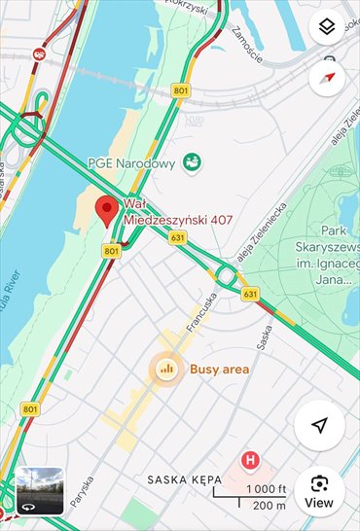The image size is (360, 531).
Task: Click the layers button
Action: [x=327, y=27]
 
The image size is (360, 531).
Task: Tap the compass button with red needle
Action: [x=327, y=77]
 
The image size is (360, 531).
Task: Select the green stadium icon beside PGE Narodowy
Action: [x=193, y=161]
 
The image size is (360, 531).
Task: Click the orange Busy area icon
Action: [x=165, y=369]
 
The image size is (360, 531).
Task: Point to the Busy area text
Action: [x=219, y=370]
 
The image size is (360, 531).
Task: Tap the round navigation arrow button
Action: [x=319, y=425]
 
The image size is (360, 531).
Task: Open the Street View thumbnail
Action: [x=40, y=491]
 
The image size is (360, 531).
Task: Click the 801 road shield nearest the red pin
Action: [x=111, y=251]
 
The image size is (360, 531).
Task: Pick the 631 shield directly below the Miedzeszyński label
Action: [x=176, y=236]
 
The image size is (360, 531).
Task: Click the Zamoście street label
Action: [x=247, y=44]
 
